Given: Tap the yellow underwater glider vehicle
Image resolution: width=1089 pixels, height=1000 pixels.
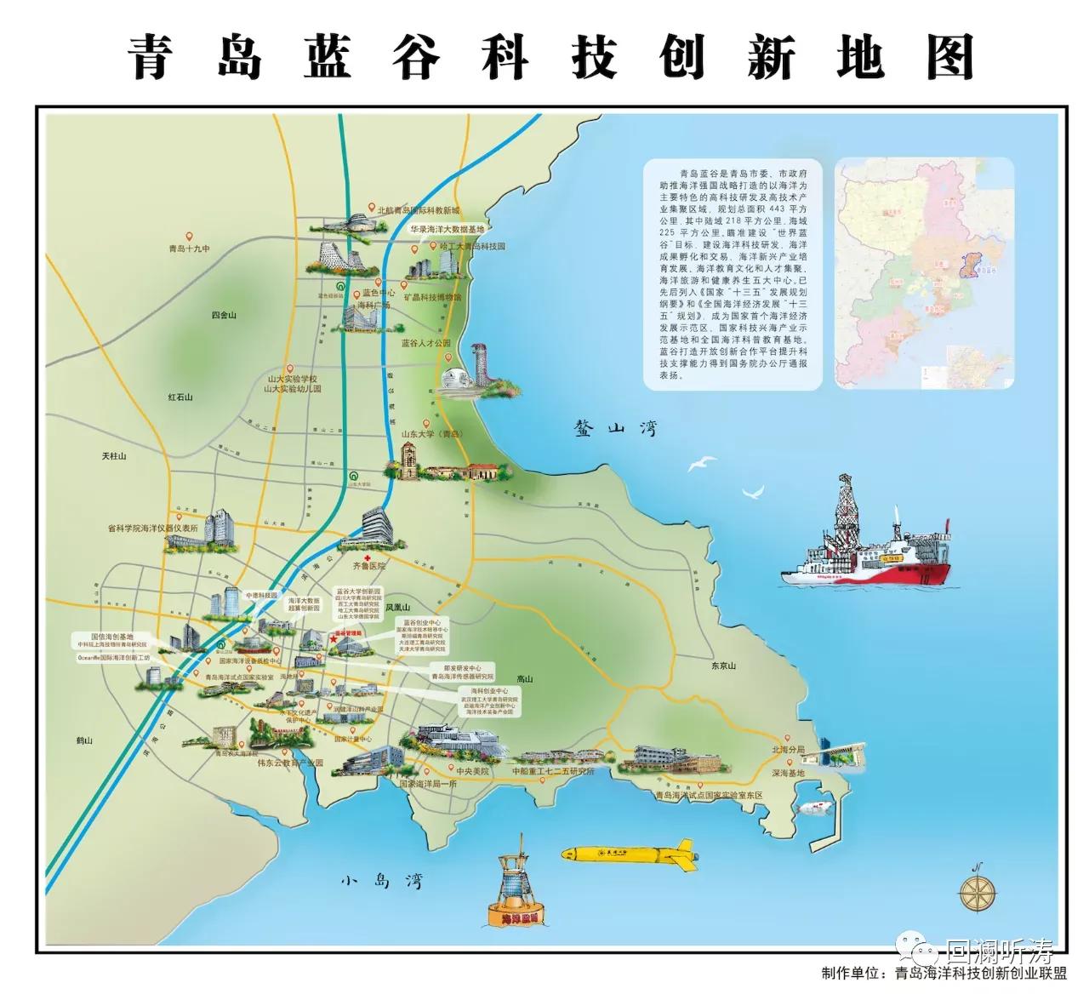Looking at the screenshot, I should (628, 853).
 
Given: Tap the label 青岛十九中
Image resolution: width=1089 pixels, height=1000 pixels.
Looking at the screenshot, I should (189, 249).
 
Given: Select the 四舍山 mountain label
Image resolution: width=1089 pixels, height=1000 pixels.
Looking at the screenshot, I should (223, 316).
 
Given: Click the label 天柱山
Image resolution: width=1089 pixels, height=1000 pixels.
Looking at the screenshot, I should (113, 456).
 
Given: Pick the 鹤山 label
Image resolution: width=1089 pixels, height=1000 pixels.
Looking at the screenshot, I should (83, 740).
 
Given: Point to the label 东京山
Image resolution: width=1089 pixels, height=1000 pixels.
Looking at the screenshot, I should (723, 666).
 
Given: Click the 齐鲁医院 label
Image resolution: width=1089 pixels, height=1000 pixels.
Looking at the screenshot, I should (369, 565).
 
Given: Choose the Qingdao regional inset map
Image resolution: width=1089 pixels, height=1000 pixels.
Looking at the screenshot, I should (924, 272).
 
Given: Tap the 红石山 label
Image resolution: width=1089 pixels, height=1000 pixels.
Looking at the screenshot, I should (180, 397).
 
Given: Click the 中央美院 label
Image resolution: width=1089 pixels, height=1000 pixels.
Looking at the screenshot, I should (473, 771).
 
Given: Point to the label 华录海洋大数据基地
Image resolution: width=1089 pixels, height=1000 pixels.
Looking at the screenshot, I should (447, 230).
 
